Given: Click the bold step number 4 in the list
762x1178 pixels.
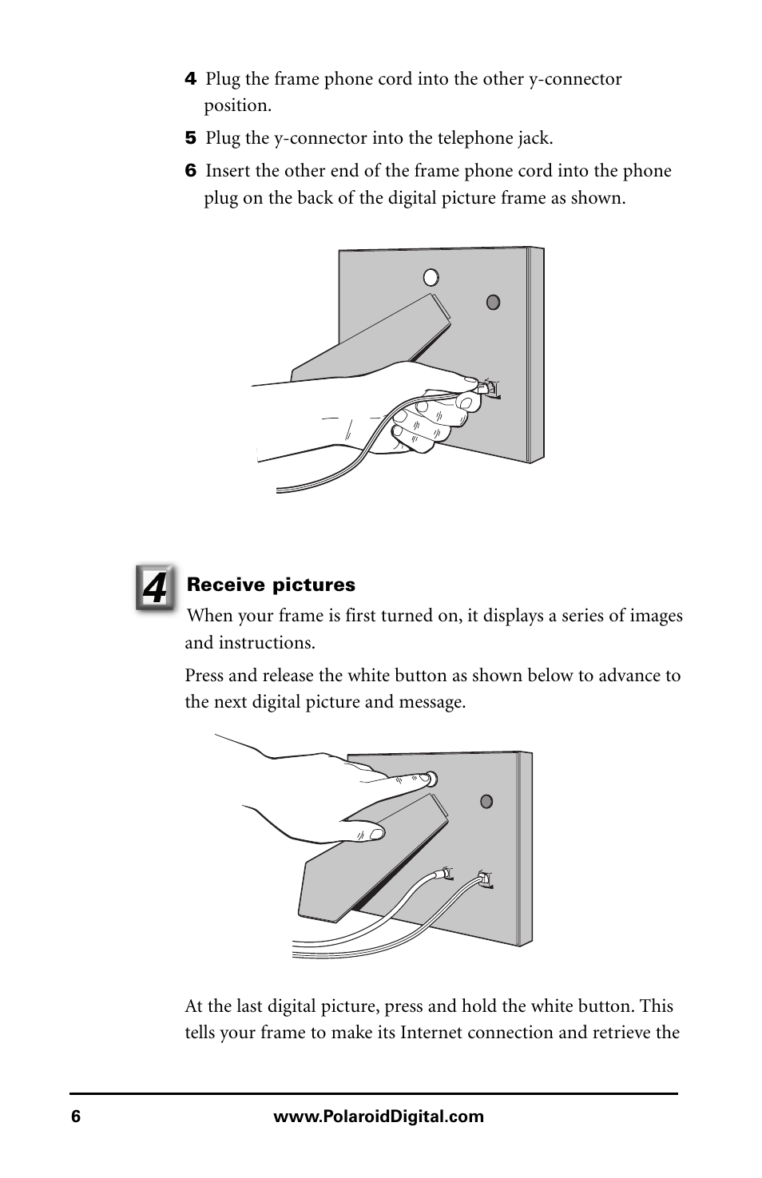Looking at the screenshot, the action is coord(190,79).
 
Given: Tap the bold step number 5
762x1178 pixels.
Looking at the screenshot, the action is coord(190,138).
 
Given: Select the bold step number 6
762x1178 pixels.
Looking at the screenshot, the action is coord(190,171).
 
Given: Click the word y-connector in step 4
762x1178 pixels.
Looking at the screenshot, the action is coord(575,79).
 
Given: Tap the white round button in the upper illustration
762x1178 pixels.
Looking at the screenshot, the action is coord(431,277).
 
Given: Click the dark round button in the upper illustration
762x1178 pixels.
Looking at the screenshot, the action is coord(494,303).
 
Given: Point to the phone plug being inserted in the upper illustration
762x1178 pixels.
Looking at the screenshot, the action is coord(485,388).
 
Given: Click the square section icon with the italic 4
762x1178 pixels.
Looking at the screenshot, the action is coord(155,588).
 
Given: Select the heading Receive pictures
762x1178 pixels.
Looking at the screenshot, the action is coord(271,585).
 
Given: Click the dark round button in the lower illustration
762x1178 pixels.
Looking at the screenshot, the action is coord(486,802).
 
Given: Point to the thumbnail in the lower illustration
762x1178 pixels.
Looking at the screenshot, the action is coord(376,833).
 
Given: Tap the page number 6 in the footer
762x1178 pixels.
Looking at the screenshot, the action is coord(76,1116).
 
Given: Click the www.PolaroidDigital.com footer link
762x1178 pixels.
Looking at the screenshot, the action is coord(379,1116).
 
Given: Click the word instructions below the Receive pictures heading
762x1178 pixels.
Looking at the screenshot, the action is coord(267,643).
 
